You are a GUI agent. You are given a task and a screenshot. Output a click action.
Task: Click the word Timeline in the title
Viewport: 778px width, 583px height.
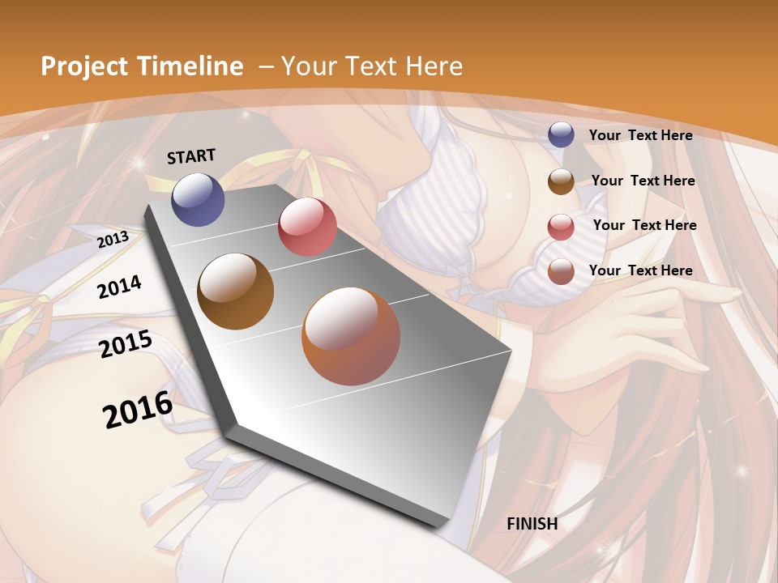pyautogui.click(x=191, y=66)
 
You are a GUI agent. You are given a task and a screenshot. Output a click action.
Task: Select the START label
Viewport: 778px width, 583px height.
pyautogui.click(x=191, y=156)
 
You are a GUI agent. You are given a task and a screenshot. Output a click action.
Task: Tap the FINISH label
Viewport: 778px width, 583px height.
pyautogui.click(x=532, y=524)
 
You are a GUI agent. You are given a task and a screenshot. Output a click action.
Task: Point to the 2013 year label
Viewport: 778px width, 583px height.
pyautogui.click(x=113, y=240)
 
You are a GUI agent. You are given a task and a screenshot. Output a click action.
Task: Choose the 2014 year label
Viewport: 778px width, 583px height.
pyautogui.click(x=119, y=287)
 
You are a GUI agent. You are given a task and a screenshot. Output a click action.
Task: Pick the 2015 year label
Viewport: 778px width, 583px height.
pyautogui.click(x=126, y=344)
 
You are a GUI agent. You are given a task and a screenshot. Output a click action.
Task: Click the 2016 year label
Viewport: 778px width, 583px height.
pyautogui.click(x=138, y=409)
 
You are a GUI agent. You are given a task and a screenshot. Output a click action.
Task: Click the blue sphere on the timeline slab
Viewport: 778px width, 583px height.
pyautogui.click(x=198, y=199)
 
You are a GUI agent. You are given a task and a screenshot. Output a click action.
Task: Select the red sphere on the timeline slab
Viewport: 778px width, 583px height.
pyautogui.click(x=307, y=227)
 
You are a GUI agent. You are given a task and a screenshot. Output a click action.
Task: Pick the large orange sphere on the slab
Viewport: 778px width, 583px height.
pyautogui.click(x=351, y=336)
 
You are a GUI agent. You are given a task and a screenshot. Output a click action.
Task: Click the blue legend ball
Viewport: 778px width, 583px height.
pyautogui.click(x=561, y=134)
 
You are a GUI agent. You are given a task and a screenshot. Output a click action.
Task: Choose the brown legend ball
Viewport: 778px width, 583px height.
pyautogui.click(x=561, y=181)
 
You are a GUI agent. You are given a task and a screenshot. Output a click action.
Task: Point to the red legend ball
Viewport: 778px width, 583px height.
pyautogui.click(x=561, y=227)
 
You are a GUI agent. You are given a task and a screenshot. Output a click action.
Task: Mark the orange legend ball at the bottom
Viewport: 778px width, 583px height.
pyautogui.click(x=561, y=271)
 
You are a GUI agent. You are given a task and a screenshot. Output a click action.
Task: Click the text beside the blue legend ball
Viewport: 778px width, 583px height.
pyautogui.click(x=641, y=135)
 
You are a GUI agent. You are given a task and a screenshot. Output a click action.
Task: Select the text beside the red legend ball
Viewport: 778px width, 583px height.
pyautogui.click(x=644, y=225)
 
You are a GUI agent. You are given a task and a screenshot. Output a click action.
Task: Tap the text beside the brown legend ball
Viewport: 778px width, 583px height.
pyautogui.click(x=643, y=181)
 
